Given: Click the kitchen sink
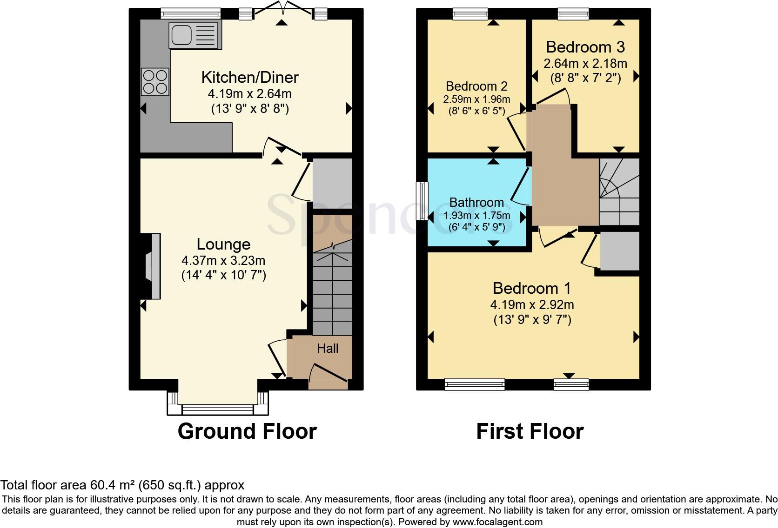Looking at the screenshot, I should tap(194, 35).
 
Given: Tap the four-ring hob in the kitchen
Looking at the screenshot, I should tap(156, 82).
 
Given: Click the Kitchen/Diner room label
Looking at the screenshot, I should tap(249, 77).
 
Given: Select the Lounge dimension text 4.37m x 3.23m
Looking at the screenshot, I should tap(223, 260).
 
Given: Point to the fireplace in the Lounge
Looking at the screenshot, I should tap(152, 266).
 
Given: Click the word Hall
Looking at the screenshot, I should tap(328, 349).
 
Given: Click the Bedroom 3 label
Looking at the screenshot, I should tap(585, 47).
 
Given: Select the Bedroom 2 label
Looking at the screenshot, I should tap(476, 86).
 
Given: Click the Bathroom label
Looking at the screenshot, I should tap(476, 203).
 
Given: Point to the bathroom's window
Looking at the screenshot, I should tap(423, 201).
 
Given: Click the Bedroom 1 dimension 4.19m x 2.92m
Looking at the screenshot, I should tap(532, 305).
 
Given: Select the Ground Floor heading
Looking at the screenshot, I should tap(247, 431).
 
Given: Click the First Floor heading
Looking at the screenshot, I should tap(530, 431).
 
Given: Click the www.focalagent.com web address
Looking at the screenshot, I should tap(497, 522).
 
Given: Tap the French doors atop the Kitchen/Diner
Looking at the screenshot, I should tap(282, 9).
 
